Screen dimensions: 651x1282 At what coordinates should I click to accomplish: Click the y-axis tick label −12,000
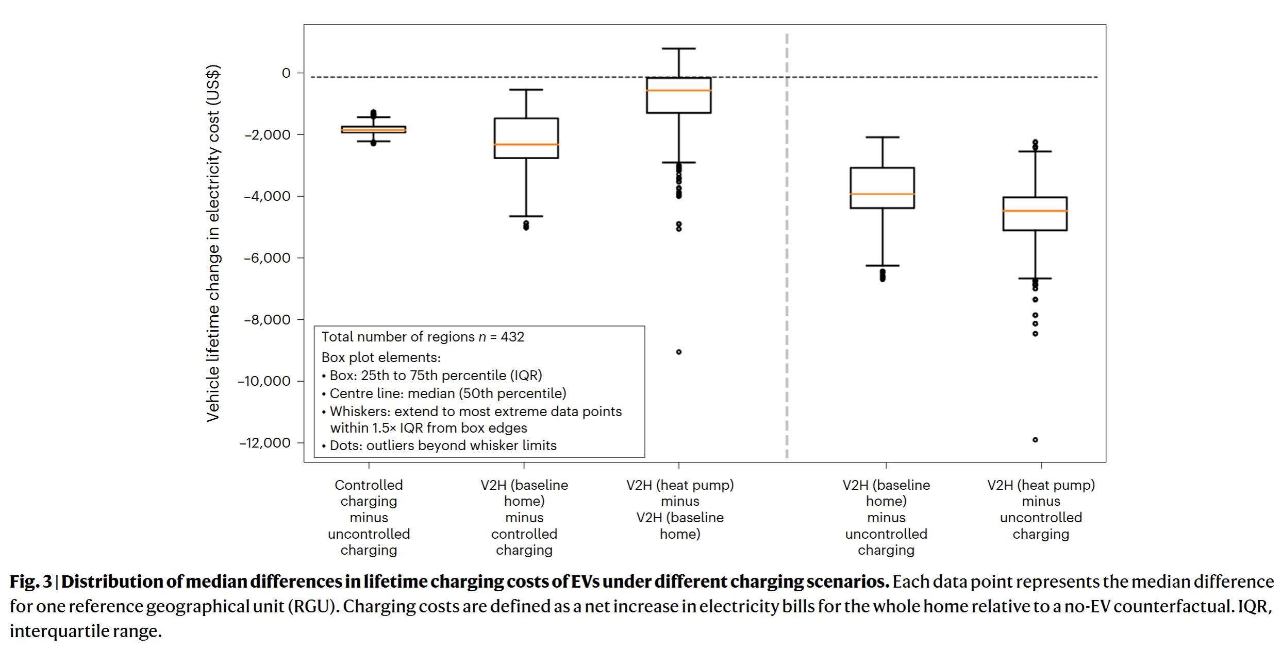pyautogui.click(x=265, y=443)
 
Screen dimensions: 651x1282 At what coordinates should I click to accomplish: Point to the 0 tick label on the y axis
pyautogui.click(x=286, y=73)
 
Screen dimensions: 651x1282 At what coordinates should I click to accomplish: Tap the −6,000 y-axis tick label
pyautogui.click(x=267, y=258)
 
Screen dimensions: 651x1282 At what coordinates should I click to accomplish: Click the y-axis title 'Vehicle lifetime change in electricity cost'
pyautogui.click(x=213, y=243)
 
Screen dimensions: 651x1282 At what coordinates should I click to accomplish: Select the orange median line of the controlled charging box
pyautogui.click(x=373, y=130)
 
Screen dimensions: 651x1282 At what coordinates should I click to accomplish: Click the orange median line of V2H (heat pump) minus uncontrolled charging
pyautogui.click(x=1035, y=211)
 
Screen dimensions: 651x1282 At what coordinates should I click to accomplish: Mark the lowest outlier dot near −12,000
pyautogui.click(x=1035, y=440)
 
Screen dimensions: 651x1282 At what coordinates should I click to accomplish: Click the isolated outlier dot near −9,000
pyautogui.click(x=679, y=352)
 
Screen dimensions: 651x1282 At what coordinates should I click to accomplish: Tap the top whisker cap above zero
pyautogui.click(x=679, y=49)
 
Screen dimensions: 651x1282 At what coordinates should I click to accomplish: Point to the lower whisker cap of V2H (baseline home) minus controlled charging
pyautogui.click(x=526, y=216)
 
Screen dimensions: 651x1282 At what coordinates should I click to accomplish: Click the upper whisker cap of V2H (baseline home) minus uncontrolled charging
pyautogui.click(x=883, y=138)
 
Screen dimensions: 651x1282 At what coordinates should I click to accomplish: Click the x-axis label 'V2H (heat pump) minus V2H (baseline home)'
pyautogui.click(x=680, y=509)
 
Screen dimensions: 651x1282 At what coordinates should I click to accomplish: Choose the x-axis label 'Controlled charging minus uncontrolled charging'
pyautogui.click(x=369, y=517)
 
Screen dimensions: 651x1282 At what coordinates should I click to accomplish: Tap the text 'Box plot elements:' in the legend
pyautogui.click(x=381, y=357)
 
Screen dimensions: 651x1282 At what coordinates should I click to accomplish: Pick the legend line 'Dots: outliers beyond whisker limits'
pyautogui.click(x=443, y=446)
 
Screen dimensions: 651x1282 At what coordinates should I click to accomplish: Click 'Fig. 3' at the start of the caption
pyautogui.click(x=31, y=581)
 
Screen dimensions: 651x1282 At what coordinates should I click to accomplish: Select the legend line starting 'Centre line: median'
pyautogui.click(x=447, y=393)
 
